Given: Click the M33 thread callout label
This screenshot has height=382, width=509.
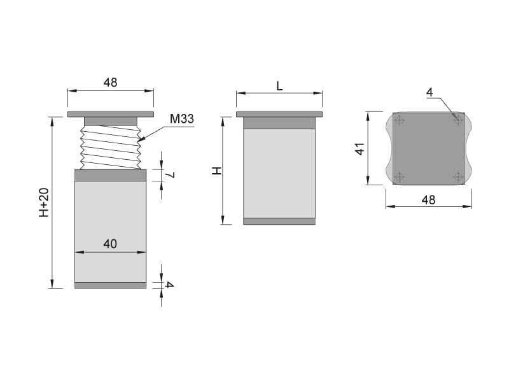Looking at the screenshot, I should click(181, 118).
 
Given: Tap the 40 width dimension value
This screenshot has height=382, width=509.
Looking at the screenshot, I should click(110, 244).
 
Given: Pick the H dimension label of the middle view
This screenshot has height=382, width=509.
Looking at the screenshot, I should click(217, 171).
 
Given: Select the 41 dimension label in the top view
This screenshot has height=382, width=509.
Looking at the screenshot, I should click(359, 149).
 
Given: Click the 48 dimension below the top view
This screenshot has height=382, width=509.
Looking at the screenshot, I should click(428, 199).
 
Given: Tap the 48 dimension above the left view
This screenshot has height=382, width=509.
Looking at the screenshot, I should click(110, 83).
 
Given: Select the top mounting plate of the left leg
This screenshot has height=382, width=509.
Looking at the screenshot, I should click(111, 115).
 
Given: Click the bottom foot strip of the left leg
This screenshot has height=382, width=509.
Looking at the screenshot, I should click(110, 285).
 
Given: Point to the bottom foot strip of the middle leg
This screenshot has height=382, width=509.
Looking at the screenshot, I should click(279, 222).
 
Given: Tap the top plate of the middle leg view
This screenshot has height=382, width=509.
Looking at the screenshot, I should click(279, 115).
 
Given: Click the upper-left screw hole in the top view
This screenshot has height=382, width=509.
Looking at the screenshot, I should click(399, 120).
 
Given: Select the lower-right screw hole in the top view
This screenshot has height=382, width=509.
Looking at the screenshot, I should click(458, 177).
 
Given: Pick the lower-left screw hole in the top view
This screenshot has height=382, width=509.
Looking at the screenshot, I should click(399, 177).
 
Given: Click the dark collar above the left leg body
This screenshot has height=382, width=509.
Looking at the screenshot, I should click(110, 175).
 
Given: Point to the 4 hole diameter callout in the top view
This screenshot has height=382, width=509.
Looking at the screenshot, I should click(429, 93).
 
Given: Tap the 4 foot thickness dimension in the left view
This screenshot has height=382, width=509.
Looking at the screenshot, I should click(169, 285).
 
